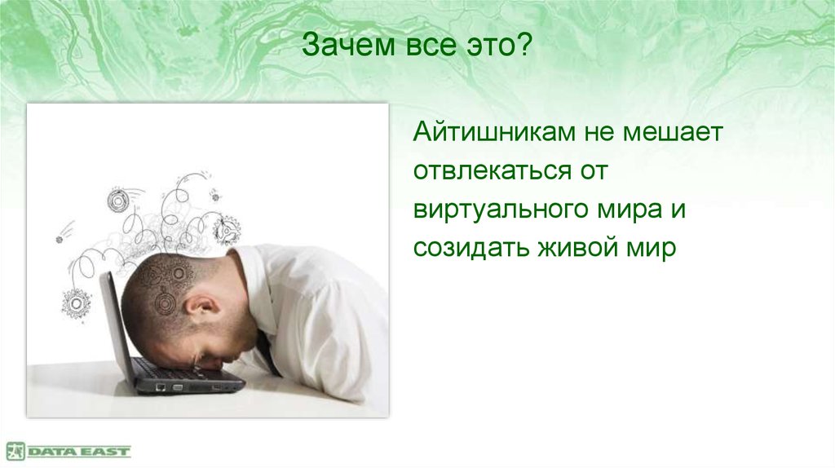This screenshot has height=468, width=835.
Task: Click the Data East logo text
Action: pyautogui.click(x=79, y=451)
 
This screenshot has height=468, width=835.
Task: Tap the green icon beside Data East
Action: pyautogui.click(x=15, y=451)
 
